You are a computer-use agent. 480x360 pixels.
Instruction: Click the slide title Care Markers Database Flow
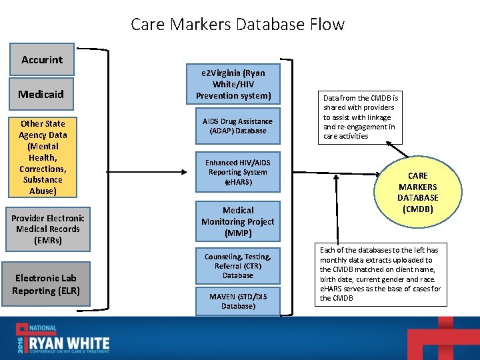pyautogui.click(x=237, y=25)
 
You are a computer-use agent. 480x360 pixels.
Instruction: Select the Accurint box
pyautogui.click(x=42, y=60)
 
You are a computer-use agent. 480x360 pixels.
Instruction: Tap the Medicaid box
pyautogui.click(x=42, y=94)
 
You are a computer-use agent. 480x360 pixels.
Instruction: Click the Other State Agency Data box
pyautogui.click(x=43, y=157)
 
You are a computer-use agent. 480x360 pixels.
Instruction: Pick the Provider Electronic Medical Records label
pyautogui.click(x=48, y=229)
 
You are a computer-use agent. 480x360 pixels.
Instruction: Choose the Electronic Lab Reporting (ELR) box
pyautogui.click(x=46, y=285)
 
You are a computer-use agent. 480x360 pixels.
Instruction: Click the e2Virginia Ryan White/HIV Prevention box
pyautogui.click(x=238, y=84)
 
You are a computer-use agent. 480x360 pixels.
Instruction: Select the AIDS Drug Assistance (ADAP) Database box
pyautogui.click(x=238, y=126)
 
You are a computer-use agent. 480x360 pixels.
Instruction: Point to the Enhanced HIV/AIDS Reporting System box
pyautogui.click(x=238, y=172)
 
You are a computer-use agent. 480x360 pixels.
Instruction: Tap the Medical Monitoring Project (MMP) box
pyautogui.click(x=238, y=221)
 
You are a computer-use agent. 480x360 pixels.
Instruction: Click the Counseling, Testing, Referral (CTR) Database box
pyautogui.click(x=238, y=265)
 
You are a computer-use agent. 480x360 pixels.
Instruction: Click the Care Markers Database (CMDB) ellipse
pyautogui.click(x=418, y=193)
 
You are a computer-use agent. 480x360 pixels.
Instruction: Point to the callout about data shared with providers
pyautogui.click(x=359, y=117)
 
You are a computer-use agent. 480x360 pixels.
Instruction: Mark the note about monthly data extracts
pyautogui.click(x=380, y=274)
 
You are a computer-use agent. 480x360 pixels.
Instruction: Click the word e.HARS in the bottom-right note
pyautogui.click(x=333, y=289)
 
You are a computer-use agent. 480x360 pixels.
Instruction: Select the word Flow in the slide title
pyautogui.click(x=326, y=25)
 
